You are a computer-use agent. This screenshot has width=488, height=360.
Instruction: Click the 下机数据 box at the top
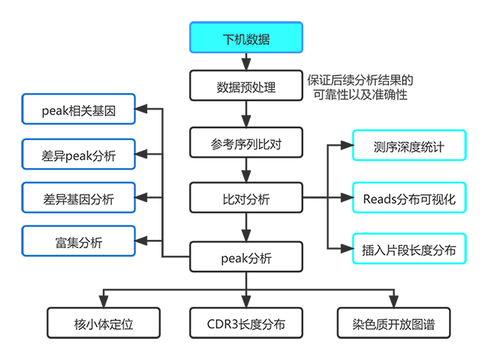246,38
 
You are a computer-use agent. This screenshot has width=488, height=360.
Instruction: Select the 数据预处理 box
246,87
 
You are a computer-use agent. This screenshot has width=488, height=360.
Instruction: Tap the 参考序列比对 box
246,142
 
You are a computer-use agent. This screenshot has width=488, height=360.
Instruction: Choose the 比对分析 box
246,199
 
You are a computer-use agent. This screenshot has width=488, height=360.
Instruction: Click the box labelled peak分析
246,258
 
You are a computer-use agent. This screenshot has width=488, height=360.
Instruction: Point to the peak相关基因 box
79,111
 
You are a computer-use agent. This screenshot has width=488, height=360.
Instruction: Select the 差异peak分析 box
79,156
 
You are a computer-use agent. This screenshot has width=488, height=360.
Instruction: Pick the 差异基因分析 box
79,199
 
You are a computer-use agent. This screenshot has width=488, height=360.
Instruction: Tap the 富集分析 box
79,242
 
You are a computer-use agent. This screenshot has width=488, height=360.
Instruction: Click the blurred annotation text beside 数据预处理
359,85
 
